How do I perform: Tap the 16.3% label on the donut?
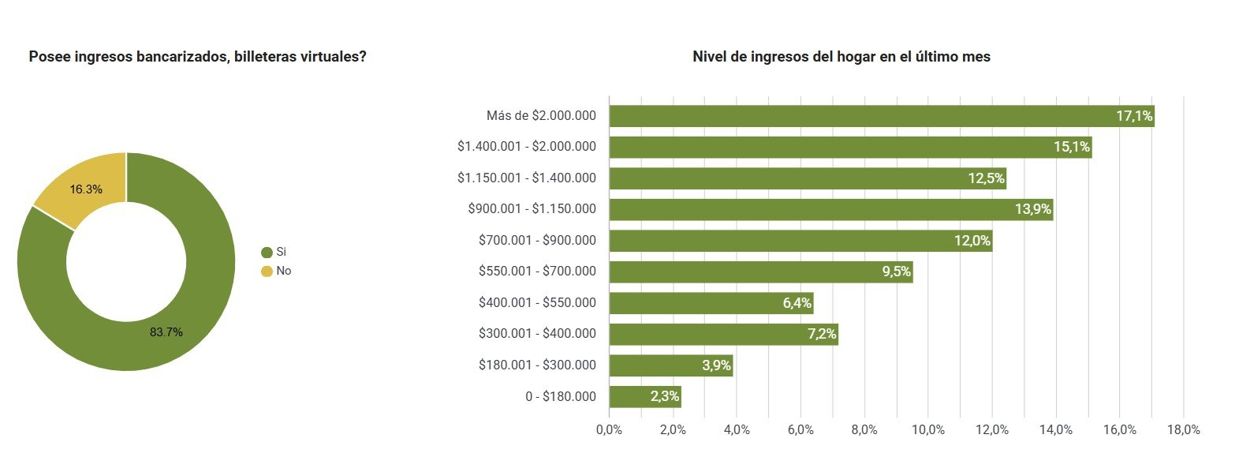[x=86, y=189]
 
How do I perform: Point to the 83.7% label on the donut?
[x=166, y=332]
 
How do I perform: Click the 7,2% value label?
[x=822, y=334]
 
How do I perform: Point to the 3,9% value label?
[x=716, y=365]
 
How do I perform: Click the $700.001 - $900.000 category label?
[x=537, y=240]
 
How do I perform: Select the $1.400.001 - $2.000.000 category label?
[x=527, y=146]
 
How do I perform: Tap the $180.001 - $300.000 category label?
[x=537, y=365]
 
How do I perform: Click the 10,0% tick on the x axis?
[x=928, y=429]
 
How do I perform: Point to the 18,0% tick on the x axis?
[x=1183, y=429]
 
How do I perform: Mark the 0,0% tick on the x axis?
[x=609, y=429]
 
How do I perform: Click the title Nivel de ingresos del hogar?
[x=841, y=57]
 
